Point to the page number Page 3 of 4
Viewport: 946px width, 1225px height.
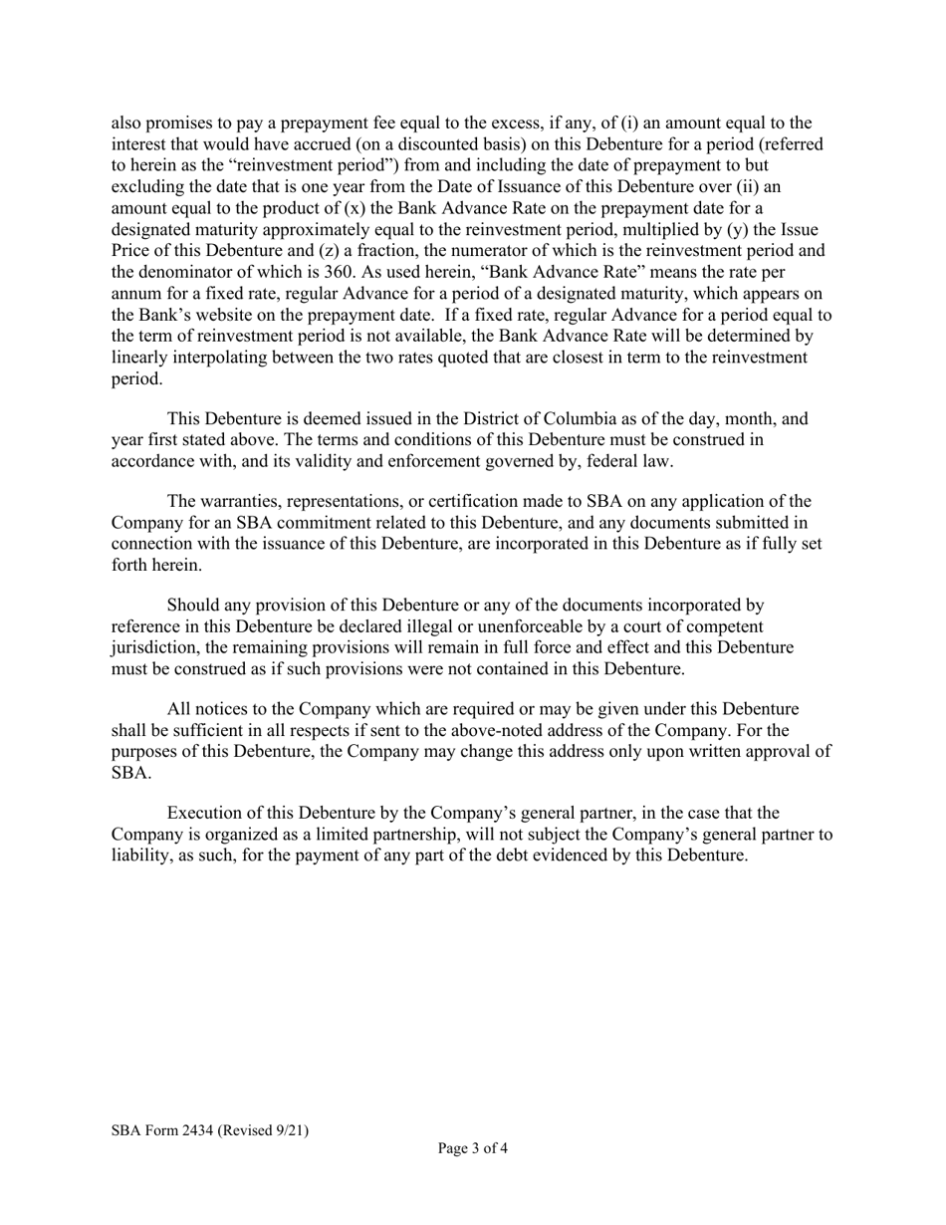pyautogui.click(x=473, y=1148)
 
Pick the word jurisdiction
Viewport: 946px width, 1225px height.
pyautogui.click(x=156, y=648)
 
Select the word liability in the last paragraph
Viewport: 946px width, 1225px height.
pyautogui.click(x=139, y=856)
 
